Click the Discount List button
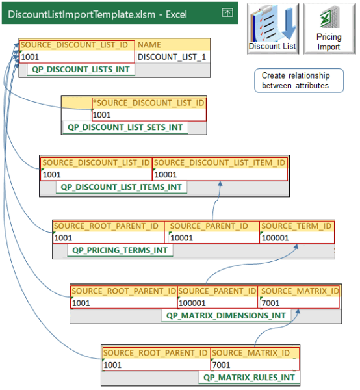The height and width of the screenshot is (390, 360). coord(272,29)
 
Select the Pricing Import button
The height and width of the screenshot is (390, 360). coord(329,29)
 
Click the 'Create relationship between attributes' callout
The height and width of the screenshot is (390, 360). coord(295,81)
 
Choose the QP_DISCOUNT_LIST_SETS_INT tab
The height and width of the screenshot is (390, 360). coord(125,127)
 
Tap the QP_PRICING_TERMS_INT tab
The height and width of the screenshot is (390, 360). coord(120,250)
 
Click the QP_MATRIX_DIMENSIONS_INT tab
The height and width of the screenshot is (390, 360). coord(225,315)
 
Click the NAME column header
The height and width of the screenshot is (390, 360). coord(149,45)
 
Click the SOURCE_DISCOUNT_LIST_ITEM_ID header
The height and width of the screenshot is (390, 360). coord(219,162)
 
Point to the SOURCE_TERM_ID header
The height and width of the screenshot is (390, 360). coord(296,226)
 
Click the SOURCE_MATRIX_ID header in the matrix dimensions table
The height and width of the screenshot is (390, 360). coord(299,291)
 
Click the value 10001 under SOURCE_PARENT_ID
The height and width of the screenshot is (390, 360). coord(182,238)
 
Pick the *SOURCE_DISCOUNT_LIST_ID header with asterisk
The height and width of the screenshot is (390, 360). coord(149,103)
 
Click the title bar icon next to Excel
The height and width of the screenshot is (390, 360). coord(227,12)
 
